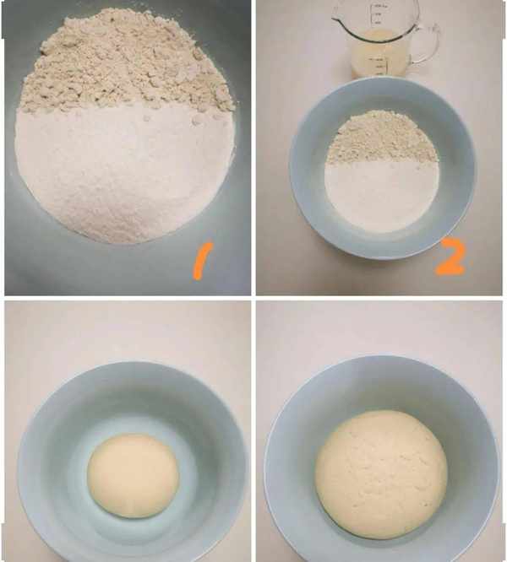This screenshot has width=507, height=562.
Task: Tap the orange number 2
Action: click(x=451, y=257)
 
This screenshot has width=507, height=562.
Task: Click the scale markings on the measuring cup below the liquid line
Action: click(x=380, y=66)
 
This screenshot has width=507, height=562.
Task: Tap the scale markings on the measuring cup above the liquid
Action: click(x=377, y=14)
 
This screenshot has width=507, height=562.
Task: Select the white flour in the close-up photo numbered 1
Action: click(x=123, y=172)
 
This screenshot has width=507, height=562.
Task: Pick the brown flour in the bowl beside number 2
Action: click(x=382, y=138)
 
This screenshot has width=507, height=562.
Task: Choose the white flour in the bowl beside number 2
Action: click(x=382, y=195)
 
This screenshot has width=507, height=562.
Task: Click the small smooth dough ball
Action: click(x=133, y=476)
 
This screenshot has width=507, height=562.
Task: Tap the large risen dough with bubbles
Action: click(x=381, y=474)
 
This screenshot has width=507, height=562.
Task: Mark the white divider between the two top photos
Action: click(x=253, y=148)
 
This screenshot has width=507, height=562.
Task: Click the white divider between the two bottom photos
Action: click(x=253, y=431)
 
